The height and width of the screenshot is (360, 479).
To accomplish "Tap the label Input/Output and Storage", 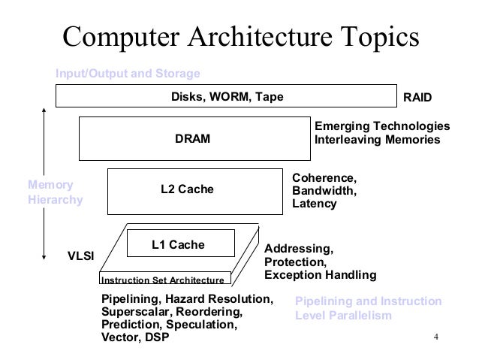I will (x=128, y=74).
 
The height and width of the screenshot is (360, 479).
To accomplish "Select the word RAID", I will (x=419, y=98).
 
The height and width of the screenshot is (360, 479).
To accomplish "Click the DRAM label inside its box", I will (x=192, y=139).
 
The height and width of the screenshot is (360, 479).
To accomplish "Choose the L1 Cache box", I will (x=181, y=244).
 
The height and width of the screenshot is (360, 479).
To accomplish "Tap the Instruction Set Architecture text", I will (x=163, y=280).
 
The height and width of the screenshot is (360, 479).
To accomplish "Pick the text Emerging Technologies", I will (x=381, y=126).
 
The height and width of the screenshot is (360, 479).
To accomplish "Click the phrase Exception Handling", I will (x=320, y=276).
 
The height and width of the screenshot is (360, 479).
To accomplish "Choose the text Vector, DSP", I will (x=135, y=337).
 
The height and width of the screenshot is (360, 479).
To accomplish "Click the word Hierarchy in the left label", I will (x=55, y=201).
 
